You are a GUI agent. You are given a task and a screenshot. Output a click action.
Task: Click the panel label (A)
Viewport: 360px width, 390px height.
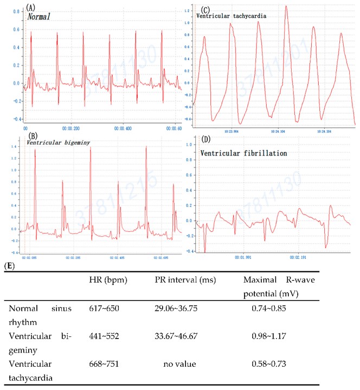pyautogui.click(x=31, y=8)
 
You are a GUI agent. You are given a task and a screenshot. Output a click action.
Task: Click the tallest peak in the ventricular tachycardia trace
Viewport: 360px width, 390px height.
pyautogui.click(x=286, y=6)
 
